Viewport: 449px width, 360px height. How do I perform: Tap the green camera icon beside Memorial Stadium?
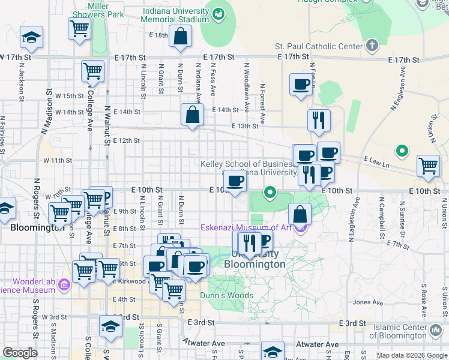click(217, 12)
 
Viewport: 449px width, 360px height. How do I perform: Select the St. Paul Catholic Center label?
click(319, 46)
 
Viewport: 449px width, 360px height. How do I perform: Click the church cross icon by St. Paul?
click(372, 46)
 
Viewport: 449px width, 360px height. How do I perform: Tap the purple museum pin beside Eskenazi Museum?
click(301, 228)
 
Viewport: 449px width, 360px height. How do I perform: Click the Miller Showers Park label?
click(98, 10)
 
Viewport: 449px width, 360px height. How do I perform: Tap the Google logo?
click(20, 353)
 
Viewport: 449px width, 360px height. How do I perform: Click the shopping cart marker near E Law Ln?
click(428, 165)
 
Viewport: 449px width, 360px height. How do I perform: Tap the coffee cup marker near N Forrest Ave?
click(301, 84)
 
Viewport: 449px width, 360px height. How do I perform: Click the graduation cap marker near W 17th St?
click(31, 37)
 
